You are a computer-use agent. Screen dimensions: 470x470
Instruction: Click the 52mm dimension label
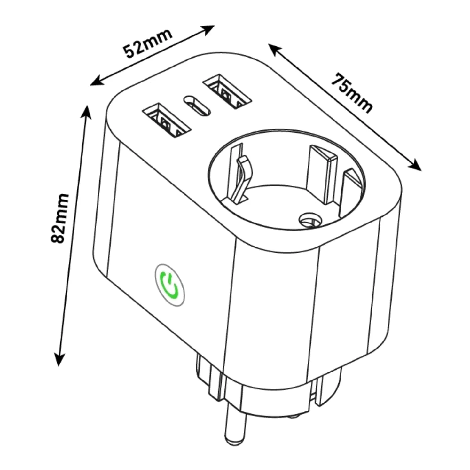tap(148, 44)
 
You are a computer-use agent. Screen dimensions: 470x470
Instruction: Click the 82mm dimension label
tap(60, 219)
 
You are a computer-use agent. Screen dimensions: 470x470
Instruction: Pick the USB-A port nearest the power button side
tap(166, 121)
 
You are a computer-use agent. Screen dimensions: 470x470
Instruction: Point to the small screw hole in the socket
tap(310, 221)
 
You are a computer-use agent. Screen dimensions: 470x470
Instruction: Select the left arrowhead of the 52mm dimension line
tap(97, 82)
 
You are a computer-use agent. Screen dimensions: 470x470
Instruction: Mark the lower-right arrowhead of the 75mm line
tap(415, 166)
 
